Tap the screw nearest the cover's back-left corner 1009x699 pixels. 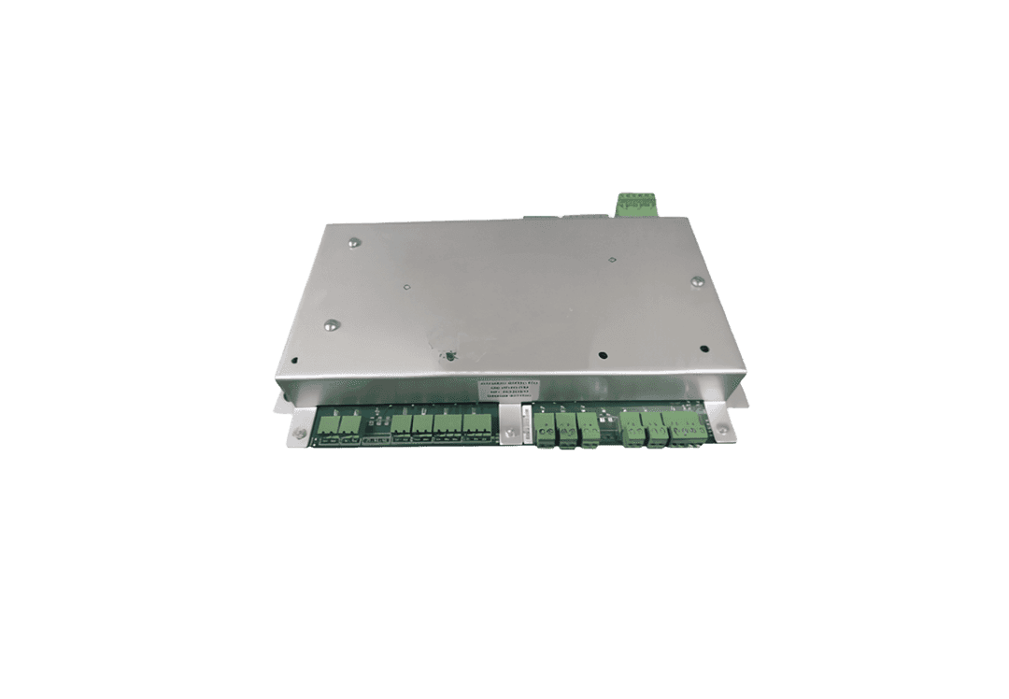pyautogui.click(x=353, y=245)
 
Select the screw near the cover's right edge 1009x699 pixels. pyautogui.click(x=697, y=279)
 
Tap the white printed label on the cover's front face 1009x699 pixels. pyautogui.click(x=504, y=390)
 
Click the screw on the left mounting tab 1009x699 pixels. pyautogui.click(x=301, y=432)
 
